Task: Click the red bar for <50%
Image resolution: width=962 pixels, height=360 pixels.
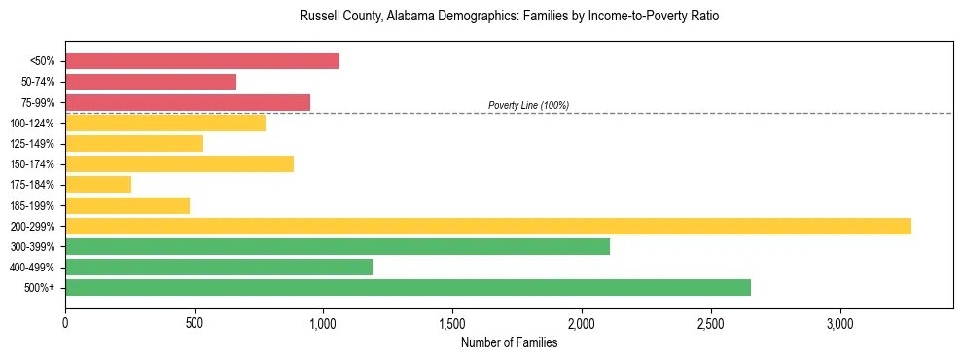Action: (x=202, y=61)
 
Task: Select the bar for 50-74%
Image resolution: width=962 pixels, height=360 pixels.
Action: (x=151, y=82)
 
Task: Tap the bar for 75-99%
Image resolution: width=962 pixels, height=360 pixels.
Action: (x=188, y=102)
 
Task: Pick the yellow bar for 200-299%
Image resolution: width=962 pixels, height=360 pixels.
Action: (x=488, y=226)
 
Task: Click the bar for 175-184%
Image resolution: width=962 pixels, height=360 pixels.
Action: (x=98, y=185)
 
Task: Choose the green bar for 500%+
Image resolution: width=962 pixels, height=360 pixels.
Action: (x=408, y=287)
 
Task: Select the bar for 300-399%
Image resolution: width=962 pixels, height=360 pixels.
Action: (x=338, y=246)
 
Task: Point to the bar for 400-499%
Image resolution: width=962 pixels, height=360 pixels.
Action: (x=219, y=267)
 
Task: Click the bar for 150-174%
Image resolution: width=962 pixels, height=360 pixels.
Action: (x=179, y=163)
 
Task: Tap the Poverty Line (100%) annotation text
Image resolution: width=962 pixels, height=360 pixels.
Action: (x=528, y=105)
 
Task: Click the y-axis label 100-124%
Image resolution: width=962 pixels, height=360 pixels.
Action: (x=32, y=124)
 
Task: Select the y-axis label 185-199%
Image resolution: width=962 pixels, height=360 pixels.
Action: (x=32, y=205)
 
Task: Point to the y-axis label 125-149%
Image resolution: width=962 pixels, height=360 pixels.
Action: (x=32, y=144)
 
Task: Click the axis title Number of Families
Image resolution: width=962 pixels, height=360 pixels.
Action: (x=509, y=342)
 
